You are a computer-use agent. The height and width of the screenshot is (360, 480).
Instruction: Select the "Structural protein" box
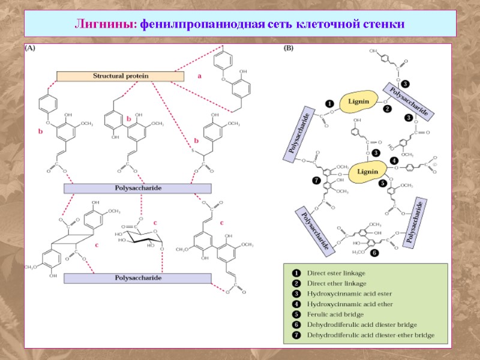120,76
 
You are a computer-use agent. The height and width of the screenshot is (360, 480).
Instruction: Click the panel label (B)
288,50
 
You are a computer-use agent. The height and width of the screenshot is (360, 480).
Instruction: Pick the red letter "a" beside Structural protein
199,76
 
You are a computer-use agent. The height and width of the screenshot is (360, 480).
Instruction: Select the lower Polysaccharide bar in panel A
137,278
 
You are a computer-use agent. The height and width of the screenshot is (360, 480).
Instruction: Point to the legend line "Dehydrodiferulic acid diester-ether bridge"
370,335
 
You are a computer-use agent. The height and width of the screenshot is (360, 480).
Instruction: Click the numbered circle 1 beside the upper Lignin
329,104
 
